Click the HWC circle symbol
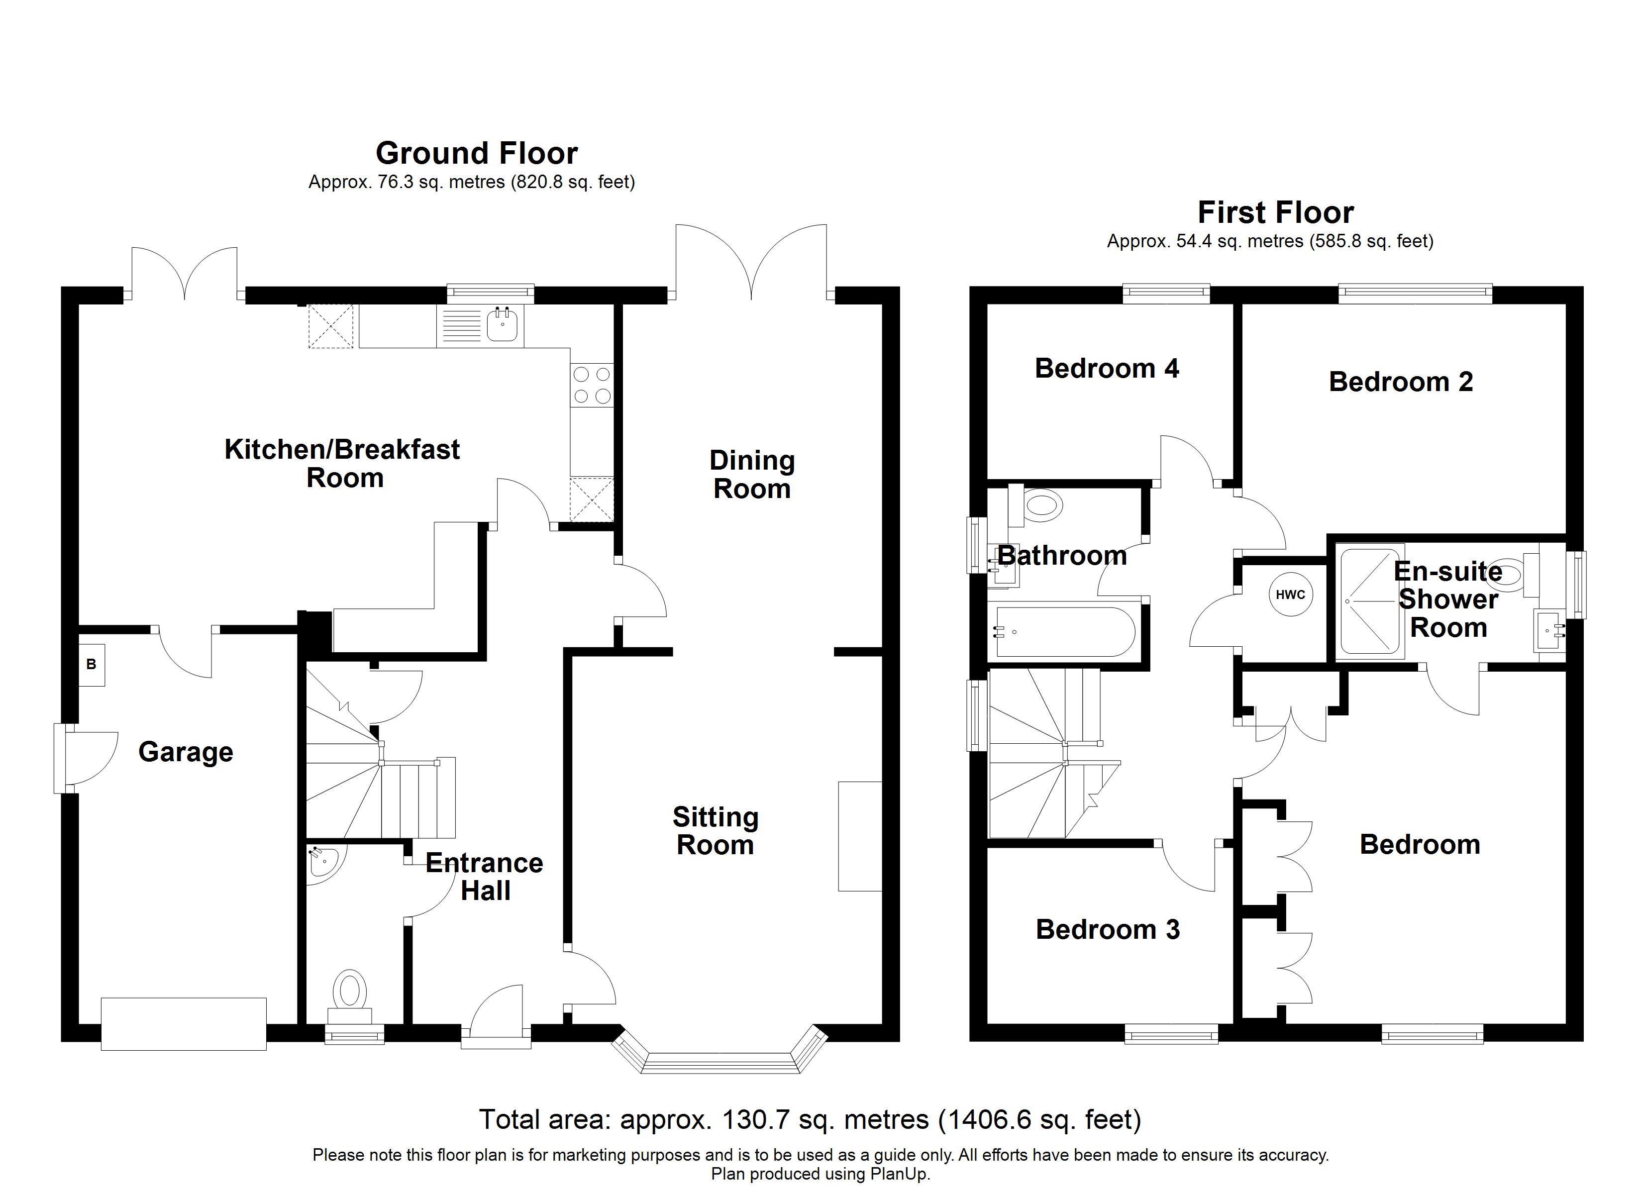point(1290,595)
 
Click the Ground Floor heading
point(476,154)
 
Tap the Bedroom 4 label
point(1106,369)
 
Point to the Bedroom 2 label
point(1400,382)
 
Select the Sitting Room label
point(716,831)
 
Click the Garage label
point(185,752)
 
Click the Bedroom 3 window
point(1171,1035)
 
